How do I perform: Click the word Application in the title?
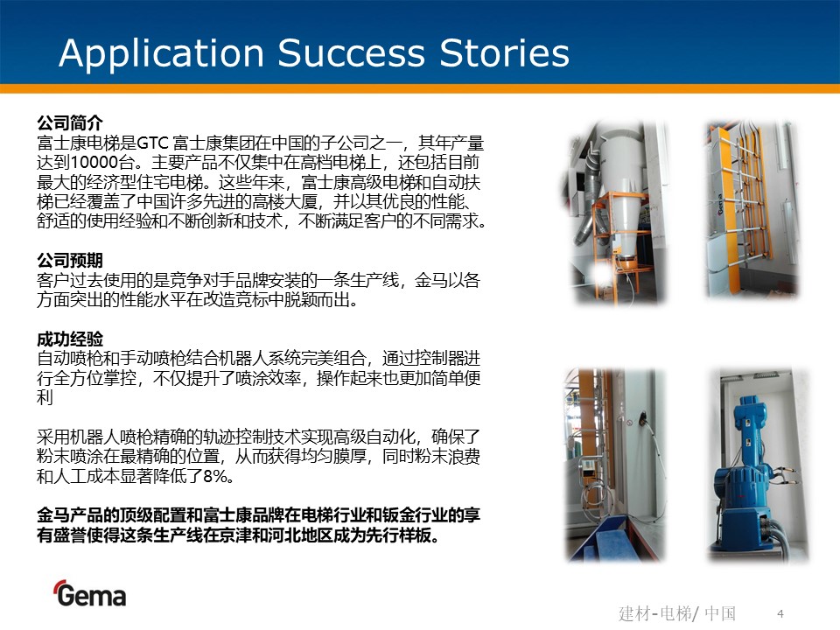(161, 53)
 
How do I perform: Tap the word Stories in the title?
(504, 52)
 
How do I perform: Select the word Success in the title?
(352, 52)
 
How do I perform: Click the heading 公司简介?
(70, 122)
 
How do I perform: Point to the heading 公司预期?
(70, 261)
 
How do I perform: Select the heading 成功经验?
(70, 339)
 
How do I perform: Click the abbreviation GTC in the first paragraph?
(153, 143)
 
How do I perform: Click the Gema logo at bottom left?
(89, 593)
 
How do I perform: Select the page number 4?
(780, 613)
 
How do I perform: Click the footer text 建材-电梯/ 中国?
(677, 612)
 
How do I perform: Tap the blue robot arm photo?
(758, 465)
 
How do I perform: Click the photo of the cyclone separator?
(615, 212)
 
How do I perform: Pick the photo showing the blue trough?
(615, 465)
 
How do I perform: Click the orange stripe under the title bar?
(420, 89)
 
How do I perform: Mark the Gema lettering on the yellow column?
(721, 204)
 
